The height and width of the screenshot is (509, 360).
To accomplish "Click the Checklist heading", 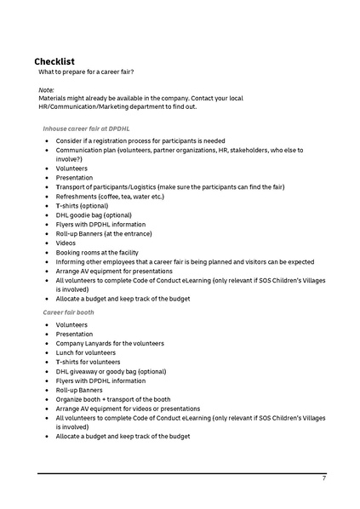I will point(54,62).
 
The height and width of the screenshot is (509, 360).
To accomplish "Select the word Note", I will point(46,89).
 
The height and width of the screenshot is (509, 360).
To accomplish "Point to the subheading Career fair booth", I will point(68,312).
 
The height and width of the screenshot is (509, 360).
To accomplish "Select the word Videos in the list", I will point(66,243).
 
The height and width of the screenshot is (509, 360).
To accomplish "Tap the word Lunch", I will point(66,352).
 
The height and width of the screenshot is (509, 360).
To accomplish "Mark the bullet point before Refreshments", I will point(46,196).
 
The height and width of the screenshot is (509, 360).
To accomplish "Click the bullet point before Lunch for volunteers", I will point(46,352).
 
